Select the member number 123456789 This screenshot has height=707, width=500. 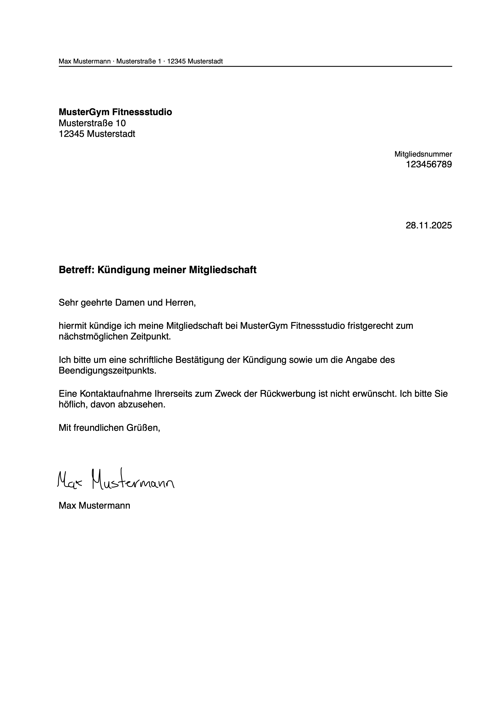click(429, 165)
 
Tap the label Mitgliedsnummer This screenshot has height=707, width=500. click(423, 154)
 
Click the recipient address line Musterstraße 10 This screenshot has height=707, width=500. click(92, 123)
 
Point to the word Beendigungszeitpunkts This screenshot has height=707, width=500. click(107, 371)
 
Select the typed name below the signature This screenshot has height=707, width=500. click(94, 506)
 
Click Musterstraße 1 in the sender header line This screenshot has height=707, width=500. click(139, 61)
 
